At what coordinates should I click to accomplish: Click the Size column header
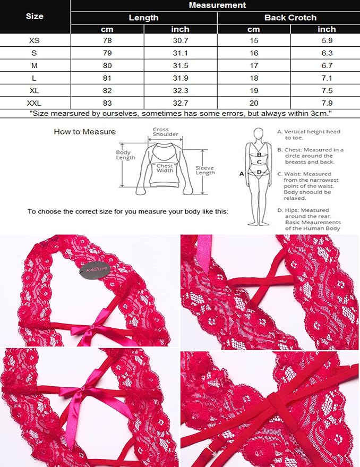tap(35, 16)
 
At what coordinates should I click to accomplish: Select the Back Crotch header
tap(290, 18)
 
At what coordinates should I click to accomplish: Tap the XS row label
tap(34, 40)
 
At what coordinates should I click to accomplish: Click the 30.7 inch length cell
tap(181, 40)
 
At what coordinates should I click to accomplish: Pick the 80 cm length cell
tap(107, 65)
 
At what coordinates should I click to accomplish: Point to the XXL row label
tap(34, 103)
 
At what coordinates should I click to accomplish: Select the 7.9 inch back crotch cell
tap(327, 103)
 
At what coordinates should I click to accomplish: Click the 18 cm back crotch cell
tap(254, 78)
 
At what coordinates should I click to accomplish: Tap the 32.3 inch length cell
tap(181, 90)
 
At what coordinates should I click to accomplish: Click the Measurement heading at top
tap(217, 5)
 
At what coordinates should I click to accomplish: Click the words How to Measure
tap(84, 132)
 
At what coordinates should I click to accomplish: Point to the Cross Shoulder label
tap(165, 132)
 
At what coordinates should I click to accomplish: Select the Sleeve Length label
tap(205, 171)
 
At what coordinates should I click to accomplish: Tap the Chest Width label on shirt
tap(165, 168)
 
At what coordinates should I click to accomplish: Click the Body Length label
tap(125, 155)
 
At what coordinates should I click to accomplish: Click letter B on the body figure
tap(259, 155)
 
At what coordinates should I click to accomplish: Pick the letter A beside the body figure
tap(242, 174)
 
